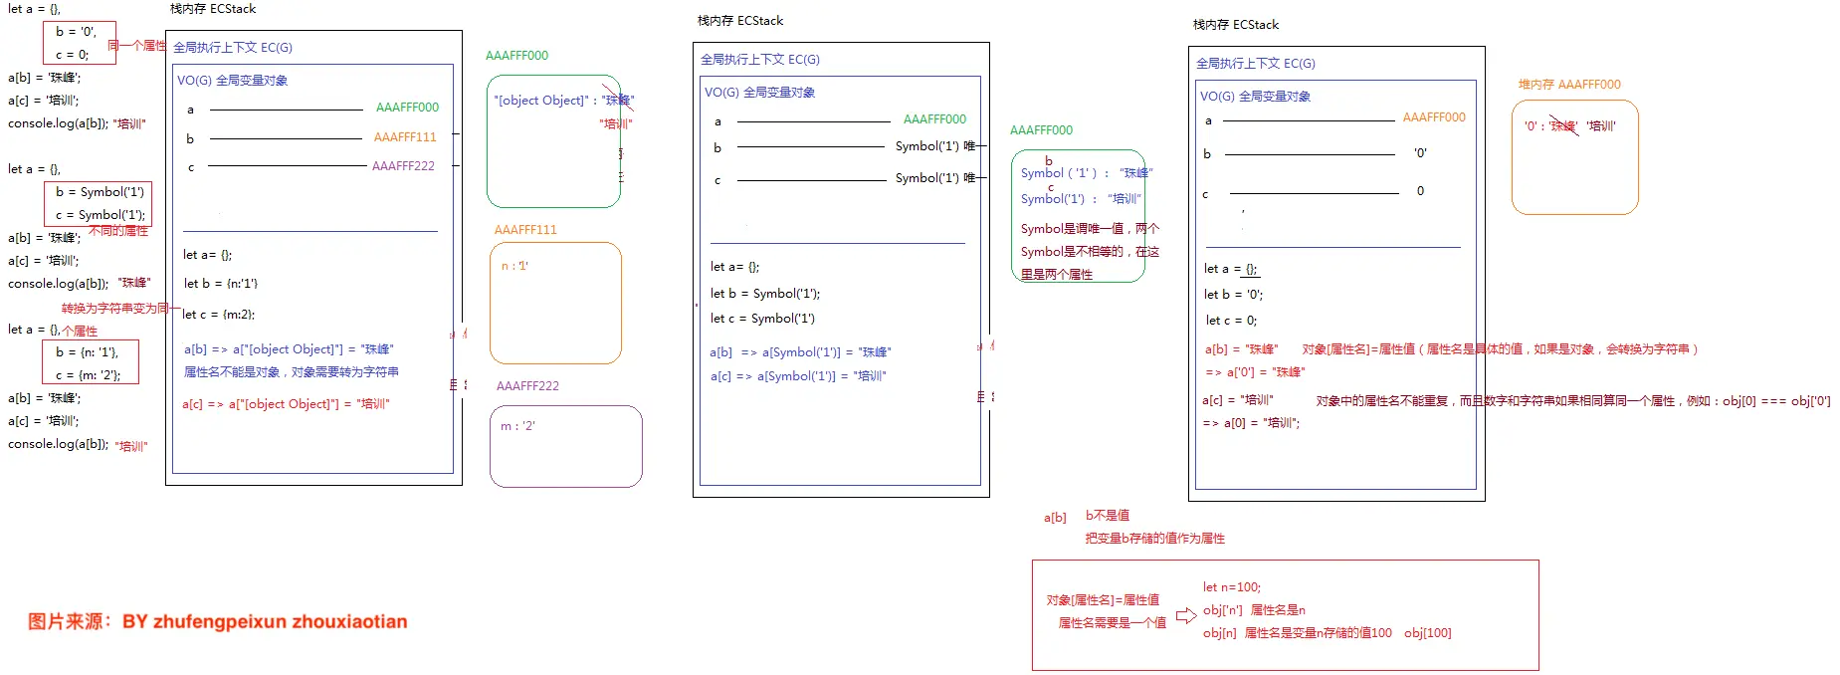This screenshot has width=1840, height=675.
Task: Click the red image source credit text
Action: (x=217, y=621)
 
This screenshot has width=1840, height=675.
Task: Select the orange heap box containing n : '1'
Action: (x=555, y=303)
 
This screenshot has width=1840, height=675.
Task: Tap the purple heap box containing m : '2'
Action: (x=565, y=446)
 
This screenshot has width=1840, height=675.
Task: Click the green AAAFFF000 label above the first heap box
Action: (x=516, y=56)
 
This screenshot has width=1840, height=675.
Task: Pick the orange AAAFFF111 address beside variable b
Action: (x=405, y=137)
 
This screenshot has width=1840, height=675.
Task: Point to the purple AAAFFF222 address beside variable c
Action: (x=403, y=166)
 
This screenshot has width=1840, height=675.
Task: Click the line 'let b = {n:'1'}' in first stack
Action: (x=221, y=284)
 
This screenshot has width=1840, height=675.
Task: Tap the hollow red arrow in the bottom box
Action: (x=1185, y=616)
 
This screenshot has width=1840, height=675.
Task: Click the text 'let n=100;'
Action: (x=1231, y=587)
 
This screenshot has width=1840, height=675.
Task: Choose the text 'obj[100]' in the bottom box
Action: (x=1427, y=633)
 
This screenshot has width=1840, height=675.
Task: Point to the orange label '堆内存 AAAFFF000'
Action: (x=1568, y=85)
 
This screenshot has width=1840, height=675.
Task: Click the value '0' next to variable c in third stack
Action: (x=1420, y=191)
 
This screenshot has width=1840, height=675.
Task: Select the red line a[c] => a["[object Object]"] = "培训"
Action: (x=286, y=404)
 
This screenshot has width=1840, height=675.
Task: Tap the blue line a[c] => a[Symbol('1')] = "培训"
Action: (x=797, y=376)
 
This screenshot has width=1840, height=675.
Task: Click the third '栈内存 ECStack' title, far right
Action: (x=1235, y=25)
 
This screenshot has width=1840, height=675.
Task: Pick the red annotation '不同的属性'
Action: (x=118, y=231)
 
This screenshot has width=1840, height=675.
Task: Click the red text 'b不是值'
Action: (x=1107, y=516)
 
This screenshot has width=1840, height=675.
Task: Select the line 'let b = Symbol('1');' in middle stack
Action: (x=764, y=294)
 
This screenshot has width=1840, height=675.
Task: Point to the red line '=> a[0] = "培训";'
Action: (x=1251, y=423)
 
